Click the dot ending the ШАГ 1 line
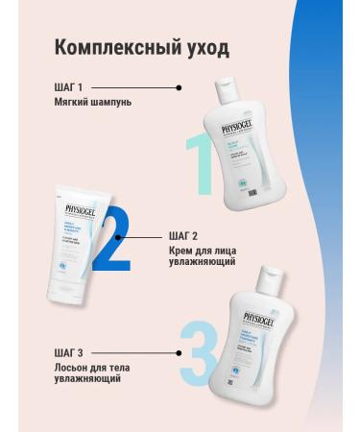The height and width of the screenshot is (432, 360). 178,87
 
